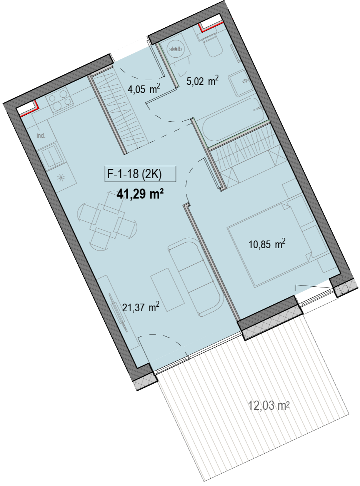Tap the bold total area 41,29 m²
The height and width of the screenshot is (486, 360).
pos(141,194)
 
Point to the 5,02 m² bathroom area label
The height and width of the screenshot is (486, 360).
pos(202,81)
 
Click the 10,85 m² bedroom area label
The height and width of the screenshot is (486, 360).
pos(267,244)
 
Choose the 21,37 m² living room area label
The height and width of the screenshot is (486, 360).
pos(141,307)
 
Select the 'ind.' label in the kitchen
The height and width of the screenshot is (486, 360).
pos(41,136)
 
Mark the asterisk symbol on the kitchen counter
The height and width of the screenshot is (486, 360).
pos(61,178)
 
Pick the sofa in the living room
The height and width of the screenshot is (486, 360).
pos(196,278)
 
